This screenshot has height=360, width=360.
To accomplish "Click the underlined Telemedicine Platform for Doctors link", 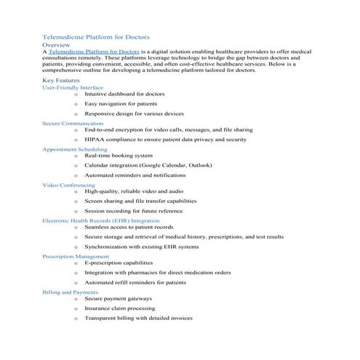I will coord(94,52).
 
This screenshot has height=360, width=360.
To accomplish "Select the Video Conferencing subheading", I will coord(69,185).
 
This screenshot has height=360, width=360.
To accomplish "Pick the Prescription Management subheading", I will coord(76,256).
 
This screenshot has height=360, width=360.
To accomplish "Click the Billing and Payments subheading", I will coord(71,292).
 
